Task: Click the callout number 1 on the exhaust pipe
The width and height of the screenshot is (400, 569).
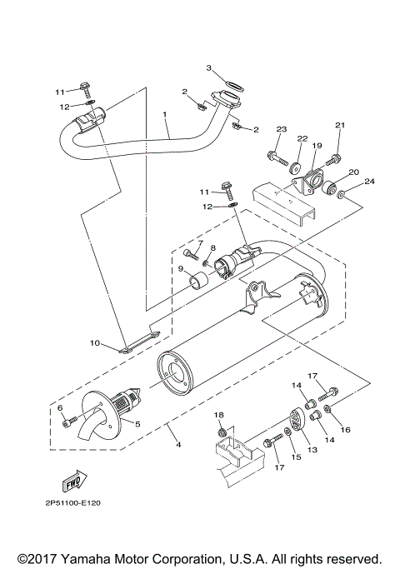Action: (x=165, y=113)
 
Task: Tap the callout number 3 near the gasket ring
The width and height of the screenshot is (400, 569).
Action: (x=209, y=67)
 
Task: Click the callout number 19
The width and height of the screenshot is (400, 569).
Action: (x=317, y=146)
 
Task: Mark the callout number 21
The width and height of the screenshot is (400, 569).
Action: (x=339, y=126)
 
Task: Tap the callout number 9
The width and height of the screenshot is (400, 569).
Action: (x=180, y=269)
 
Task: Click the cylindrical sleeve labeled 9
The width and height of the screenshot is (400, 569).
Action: (x=199, y=281)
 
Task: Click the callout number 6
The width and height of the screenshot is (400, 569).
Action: (x=60, y=407)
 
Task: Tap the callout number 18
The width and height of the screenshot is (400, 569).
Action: (x=219, y=414)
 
